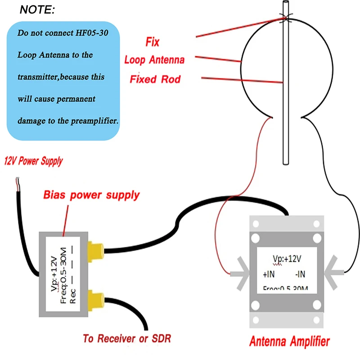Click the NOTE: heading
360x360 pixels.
coord(38,9)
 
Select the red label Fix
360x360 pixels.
coord(153,42)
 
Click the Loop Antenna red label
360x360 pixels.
coord(154,59)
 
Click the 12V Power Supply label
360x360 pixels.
coord(33,161)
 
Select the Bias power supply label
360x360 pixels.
coord(91,195)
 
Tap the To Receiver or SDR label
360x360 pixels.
coord(127,338)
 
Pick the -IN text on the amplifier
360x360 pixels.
coord(301,274)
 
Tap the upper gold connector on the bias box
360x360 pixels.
coord(95,250)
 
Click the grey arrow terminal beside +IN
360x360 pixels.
coord(241,273)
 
